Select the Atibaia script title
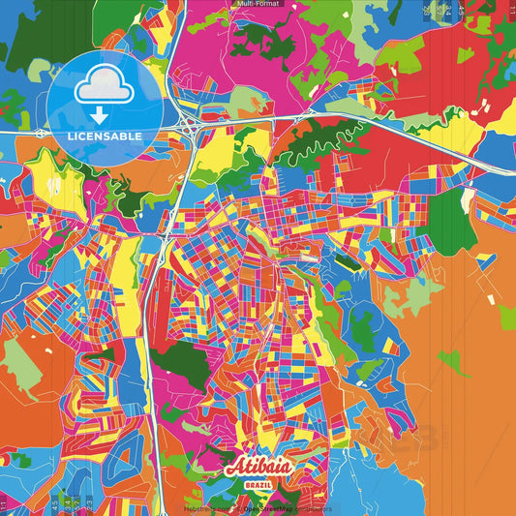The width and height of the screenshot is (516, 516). pos(257,467)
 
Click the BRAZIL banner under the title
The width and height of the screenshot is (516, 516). pos(258,483)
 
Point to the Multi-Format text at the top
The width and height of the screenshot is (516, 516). pos(258,4)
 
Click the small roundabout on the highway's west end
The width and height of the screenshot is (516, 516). pos(38,131)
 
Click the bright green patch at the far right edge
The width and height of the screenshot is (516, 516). pos(506,317)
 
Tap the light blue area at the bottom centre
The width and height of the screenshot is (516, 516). pos(290,489)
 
